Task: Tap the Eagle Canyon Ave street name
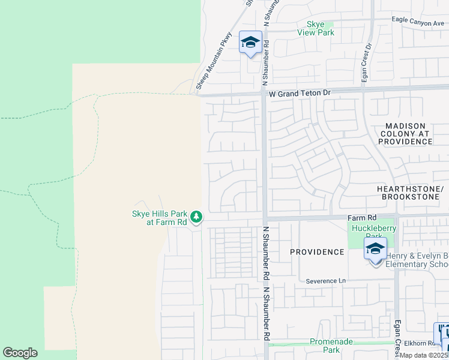[x=417, y=19]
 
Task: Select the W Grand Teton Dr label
[x=300, y=94]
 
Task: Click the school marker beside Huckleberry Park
[x=375, y=249]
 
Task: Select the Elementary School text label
[x=417, y=264]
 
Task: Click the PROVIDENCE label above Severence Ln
[x=317, y=252]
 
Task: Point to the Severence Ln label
[x=326, y=280]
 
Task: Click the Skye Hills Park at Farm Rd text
[x=159, y=217]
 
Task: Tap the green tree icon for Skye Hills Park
[x=196, y=217]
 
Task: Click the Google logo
[x=20, y=353]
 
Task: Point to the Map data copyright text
[x=424, y=355]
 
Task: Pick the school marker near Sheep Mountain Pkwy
[x=250, y=43]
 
